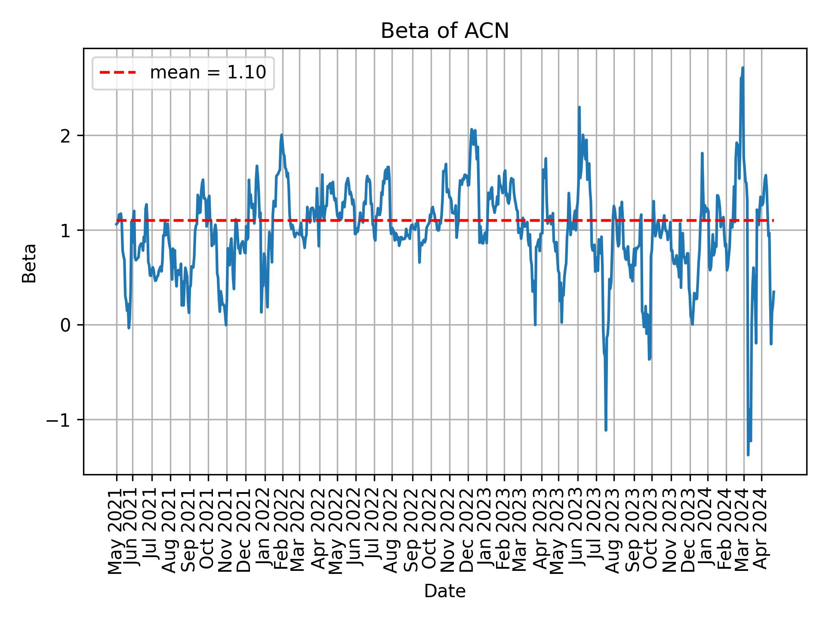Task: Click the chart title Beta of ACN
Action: tap(444, 31)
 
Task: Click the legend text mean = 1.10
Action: tap(208, 73)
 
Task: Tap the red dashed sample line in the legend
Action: tap(117, 73)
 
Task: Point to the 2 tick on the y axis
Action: tap(65, 136)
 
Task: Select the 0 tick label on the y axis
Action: tap(65, 325)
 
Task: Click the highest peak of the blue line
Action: tap(743, 68)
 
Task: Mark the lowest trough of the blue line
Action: tap(748, 455)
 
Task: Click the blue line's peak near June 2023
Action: tap(579, 107)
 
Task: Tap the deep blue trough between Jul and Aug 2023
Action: tap(606, 430)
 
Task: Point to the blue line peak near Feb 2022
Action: tap(281, 135)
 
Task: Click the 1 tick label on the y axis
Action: tap(65, 231)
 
